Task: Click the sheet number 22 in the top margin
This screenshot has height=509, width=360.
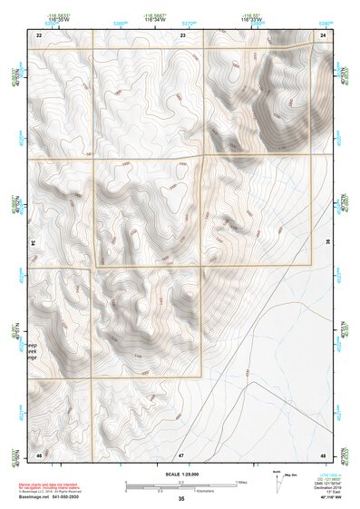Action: (39, 34)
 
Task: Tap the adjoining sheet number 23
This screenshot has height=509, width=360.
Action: (183, 34)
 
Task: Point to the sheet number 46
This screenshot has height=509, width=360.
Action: (39, 453)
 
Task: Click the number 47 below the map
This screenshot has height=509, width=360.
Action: (181, 453)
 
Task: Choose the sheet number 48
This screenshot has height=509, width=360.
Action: (323, 453)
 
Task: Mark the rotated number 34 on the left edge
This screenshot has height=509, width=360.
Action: (33, 243)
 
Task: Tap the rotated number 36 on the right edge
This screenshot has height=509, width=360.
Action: (328, 243)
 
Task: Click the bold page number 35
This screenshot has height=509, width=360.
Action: (181, 499)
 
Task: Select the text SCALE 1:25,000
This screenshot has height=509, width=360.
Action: (181, 474)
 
